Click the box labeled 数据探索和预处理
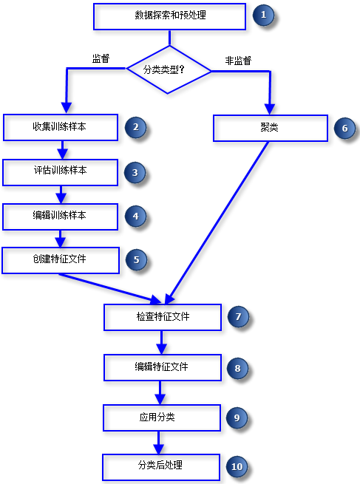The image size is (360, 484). (x=169, y=16)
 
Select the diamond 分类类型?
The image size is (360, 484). (x=169, y=71)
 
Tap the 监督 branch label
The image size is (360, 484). (x=101, y=59)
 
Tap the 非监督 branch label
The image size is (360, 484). (x=238, y=59)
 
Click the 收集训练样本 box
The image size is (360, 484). (x=60, y=127)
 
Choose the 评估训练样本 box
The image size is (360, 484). (x=60, y=171)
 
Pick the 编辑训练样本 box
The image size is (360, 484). (x=60, y=216)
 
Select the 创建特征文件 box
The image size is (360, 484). (x=60, y=259)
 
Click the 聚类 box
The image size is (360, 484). (x=270, y=127)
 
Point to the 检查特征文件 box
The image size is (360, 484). (x=163, y=317)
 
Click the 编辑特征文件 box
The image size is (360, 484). (x=163, y=367)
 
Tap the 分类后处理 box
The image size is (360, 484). (x=161, y=466)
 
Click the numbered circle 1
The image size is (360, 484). (x=262, y=16)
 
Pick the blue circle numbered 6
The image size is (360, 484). (x=344, y=127)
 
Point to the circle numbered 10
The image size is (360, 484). (x=237, y=467)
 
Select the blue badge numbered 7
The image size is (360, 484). (x=237, y=317)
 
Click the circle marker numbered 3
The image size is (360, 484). (x=135, y=172)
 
